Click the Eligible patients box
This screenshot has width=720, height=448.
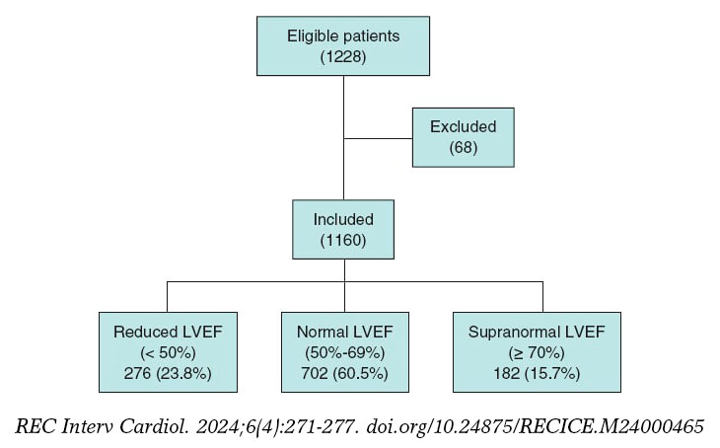[342, 45]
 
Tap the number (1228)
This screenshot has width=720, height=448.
[343, 57]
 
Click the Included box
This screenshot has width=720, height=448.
[342, 229]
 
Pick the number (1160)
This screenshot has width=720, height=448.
[342, 240]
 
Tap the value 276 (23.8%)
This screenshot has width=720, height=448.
[167, 374]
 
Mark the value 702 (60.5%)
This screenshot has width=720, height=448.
[342, 374]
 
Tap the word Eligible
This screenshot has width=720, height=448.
[311, 36]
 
